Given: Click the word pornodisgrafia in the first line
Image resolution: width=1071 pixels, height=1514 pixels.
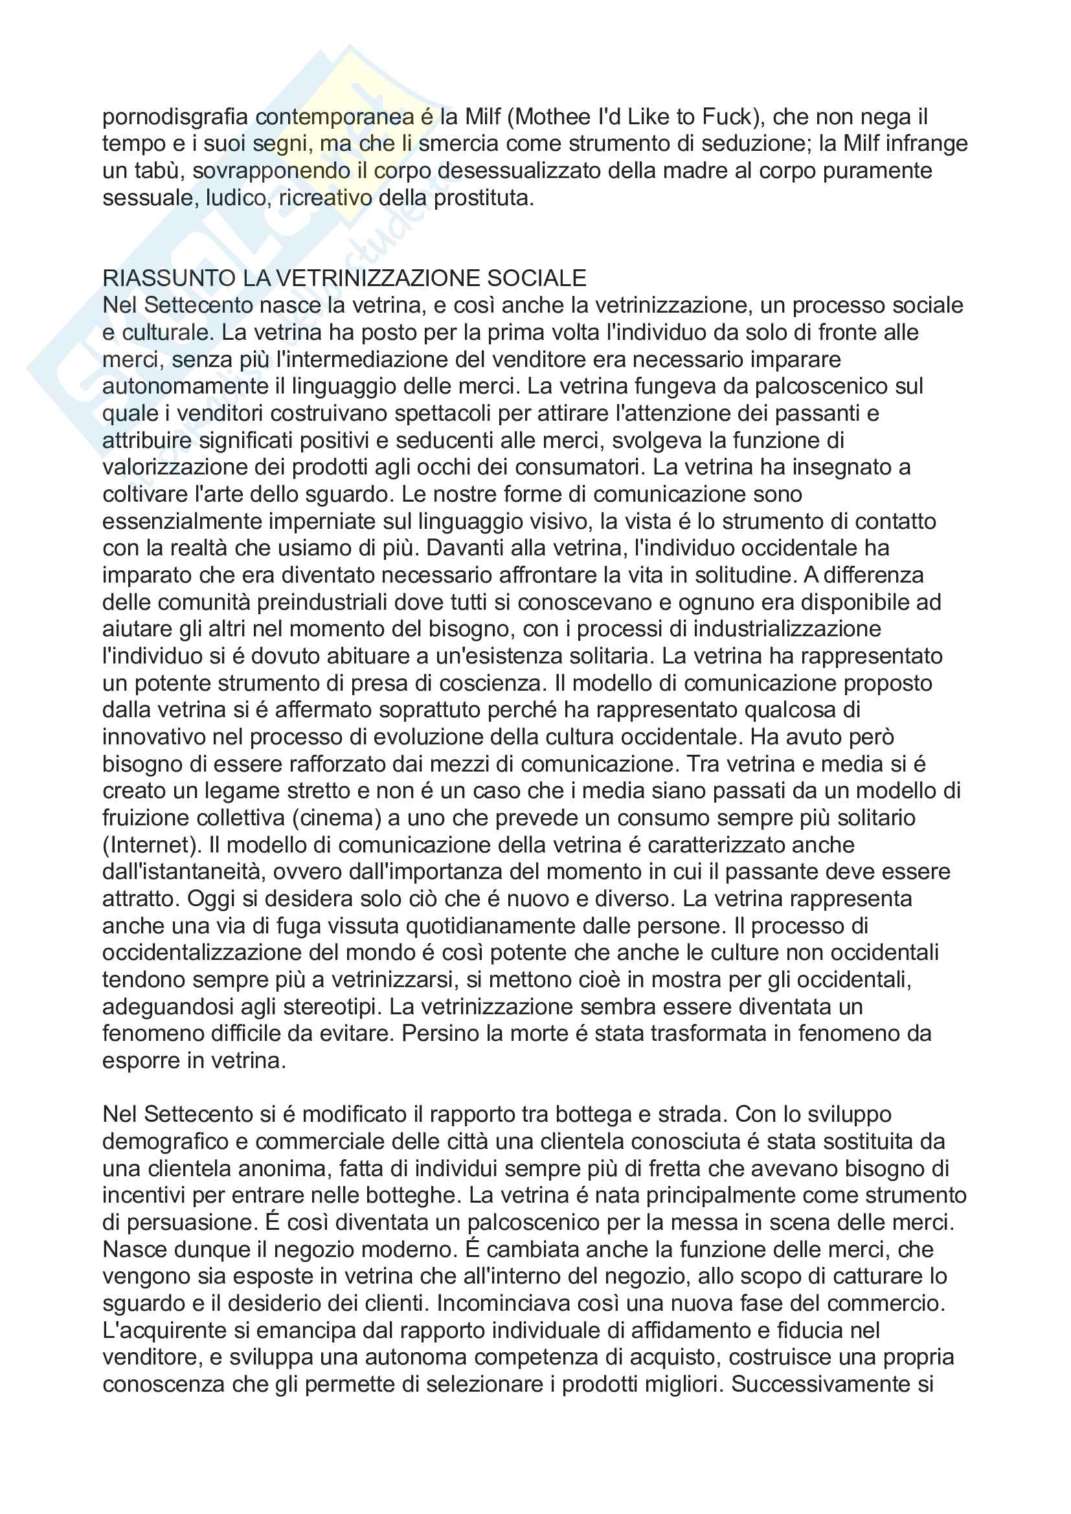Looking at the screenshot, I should [175, 117].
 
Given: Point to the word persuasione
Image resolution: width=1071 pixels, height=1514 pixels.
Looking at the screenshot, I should [191, 1223].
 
